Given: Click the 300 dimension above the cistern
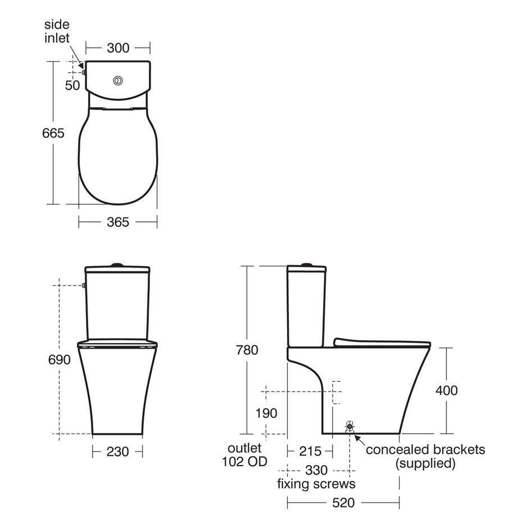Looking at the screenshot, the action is (x=118, y=48).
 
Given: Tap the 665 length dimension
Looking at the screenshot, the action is (x=53, y=133).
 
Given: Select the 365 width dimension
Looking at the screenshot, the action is (x=118, y=222).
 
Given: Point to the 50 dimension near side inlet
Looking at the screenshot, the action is (x=72, y=85).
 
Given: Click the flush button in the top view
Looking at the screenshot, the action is (x=118, y=81).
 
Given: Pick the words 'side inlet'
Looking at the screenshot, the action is (x=57, y=31).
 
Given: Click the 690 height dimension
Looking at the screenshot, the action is (x=60, y=359).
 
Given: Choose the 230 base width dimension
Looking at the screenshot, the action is (x=117, y=452).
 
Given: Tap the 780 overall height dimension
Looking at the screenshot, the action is (x=247, y=350).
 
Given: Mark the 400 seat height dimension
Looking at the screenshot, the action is (x=447, y=390).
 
